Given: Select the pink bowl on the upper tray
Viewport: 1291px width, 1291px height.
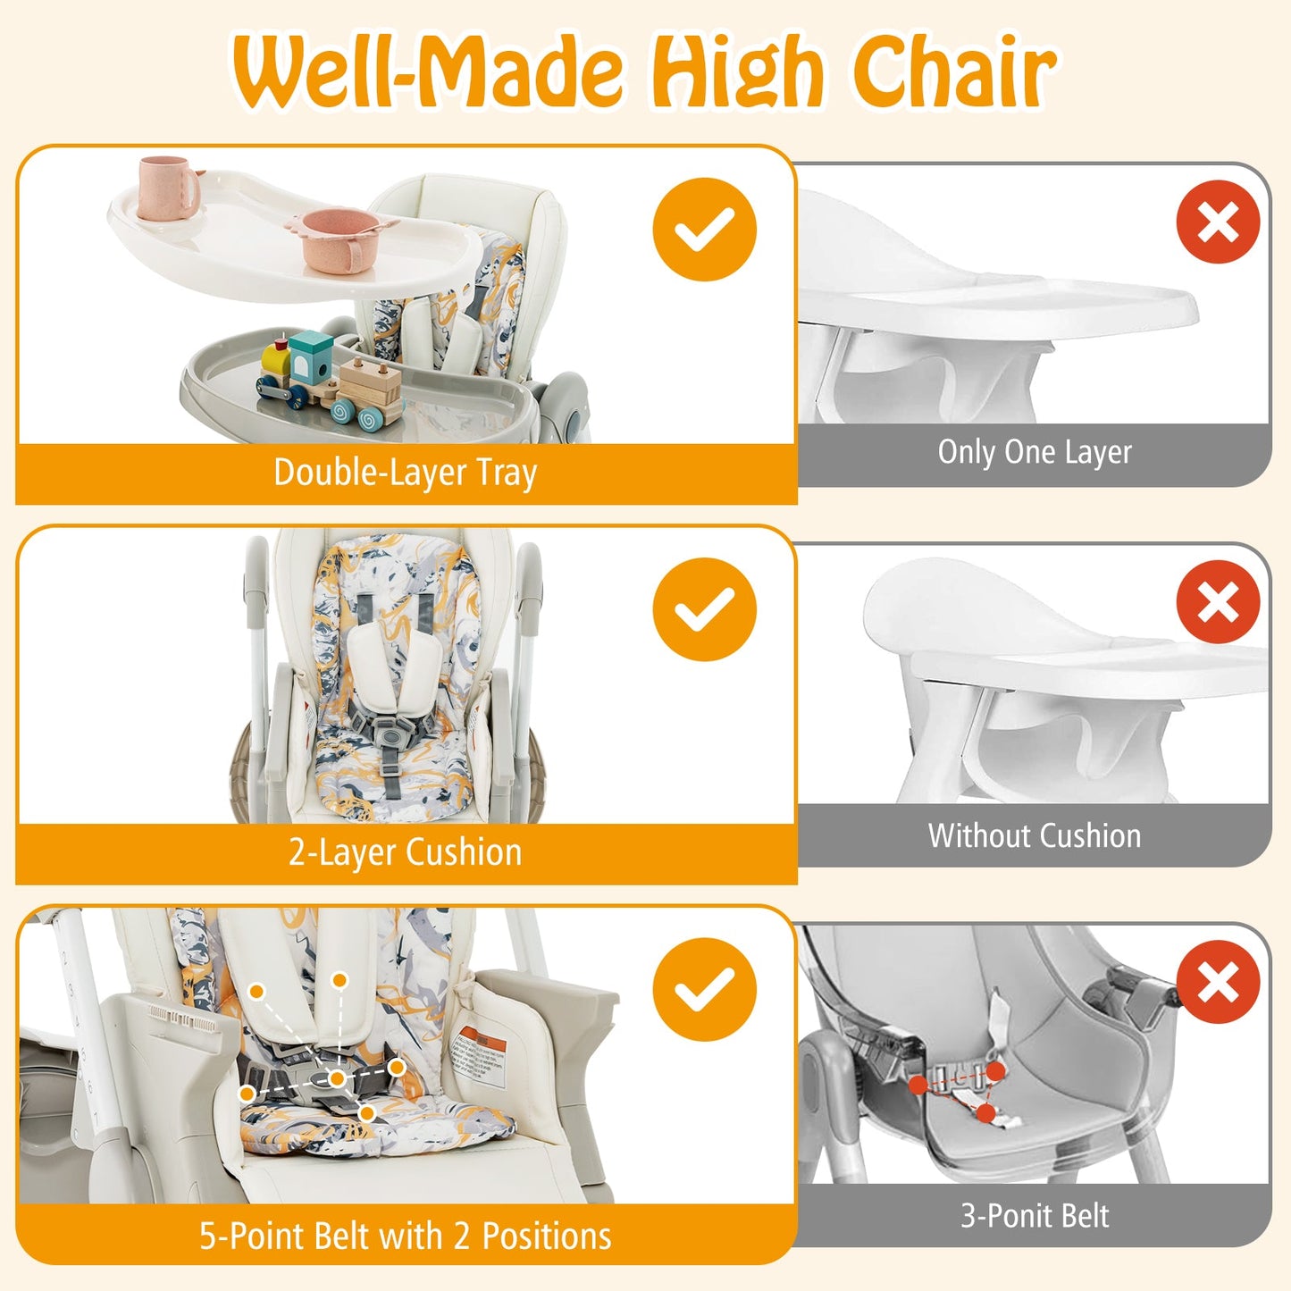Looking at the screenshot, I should [339, 239].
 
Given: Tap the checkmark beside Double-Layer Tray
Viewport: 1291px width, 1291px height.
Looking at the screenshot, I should [704, 230].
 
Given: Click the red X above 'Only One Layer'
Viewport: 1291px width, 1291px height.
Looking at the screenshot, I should [1218, 222].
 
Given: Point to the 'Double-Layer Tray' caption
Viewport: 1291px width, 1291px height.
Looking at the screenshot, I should [405, 473].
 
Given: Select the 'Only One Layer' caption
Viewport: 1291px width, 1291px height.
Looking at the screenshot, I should [1034, 452].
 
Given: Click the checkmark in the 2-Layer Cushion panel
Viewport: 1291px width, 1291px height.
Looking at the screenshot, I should [704, 609].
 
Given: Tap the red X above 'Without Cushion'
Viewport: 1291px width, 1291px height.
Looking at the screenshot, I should [1218, 602].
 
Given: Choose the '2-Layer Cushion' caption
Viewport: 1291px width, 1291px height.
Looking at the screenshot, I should [405, 852].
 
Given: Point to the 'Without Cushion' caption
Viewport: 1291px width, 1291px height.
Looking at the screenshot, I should [1034, 836].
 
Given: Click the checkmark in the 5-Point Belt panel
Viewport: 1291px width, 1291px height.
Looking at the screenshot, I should [704, 989].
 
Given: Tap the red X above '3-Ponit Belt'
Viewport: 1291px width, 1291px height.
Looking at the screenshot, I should [1218, 982].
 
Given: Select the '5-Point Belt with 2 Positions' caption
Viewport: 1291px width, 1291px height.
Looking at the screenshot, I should [405, 1236].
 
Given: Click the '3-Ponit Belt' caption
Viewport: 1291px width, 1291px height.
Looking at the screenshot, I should [1034, 1216].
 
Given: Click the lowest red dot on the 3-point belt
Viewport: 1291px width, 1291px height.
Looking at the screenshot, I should [985, 1112].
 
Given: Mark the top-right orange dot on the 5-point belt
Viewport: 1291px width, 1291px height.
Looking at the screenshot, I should [340, 980].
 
